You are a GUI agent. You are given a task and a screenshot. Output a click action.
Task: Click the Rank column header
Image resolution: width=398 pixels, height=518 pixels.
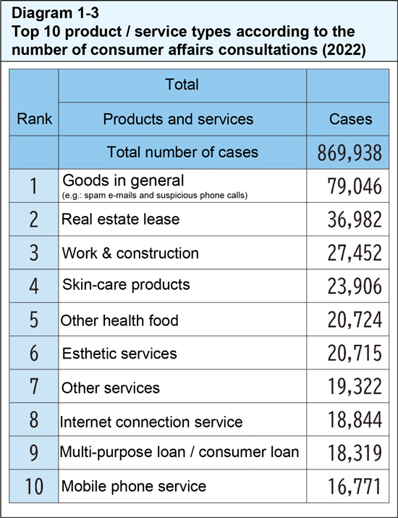35,119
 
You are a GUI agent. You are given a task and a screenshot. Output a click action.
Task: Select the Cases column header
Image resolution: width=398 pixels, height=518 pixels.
350,119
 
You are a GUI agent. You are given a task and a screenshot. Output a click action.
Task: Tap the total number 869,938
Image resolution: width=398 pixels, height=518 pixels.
350,152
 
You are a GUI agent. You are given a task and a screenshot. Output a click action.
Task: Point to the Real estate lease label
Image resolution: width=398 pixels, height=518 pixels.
121,218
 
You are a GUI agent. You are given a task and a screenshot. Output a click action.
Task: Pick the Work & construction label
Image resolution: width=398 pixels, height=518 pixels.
130,253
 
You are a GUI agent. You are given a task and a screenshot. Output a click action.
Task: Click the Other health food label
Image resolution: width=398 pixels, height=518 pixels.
119,320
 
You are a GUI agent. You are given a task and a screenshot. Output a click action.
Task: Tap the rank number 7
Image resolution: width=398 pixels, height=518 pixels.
35,387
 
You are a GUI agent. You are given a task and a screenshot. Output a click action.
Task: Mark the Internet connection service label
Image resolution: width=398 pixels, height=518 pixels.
151,421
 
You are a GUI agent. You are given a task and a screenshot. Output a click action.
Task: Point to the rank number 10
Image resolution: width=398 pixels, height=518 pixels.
35,487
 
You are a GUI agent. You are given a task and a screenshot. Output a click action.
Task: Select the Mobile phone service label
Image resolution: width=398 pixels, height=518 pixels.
134,486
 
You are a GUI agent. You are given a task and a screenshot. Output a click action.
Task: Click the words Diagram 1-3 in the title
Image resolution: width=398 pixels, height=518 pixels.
43,13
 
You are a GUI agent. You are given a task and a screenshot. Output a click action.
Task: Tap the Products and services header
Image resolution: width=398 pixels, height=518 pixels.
178,119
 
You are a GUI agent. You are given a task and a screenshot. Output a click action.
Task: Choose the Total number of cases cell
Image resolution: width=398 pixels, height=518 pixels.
182,152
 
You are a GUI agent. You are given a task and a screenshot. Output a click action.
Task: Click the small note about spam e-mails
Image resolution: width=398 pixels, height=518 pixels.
156,195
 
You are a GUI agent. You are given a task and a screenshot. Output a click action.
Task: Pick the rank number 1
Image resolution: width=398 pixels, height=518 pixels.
35,186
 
